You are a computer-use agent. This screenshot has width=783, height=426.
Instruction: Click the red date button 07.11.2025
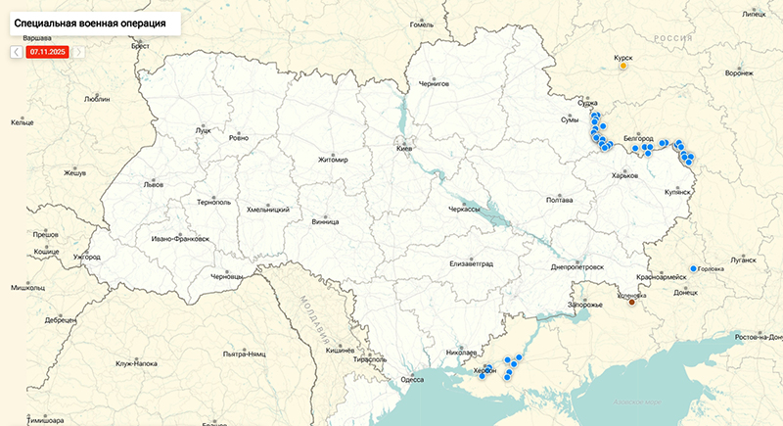click(x=48, y=51)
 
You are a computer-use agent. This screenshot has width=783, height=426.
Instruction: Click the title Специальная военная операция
click(x=89, y=21)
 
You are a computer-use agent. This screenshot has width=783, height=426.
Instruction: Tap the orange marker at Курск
click(x=623, y=67)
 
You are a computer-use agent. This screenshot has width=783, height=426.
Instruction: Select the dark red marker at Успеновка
click(x=631, y=303)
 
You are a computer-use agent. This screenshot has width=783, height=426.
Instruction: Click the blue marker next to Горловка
click(x=693, y=268)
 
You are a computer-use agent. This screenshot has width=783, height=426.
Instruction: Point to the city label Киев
click(x=404, y=147)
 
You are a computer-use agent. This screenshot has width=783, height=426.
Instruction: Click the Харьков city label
click(x=623, y=175)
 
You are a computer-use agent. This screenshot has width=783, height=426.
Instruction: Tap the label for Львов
click(x=154, y=183)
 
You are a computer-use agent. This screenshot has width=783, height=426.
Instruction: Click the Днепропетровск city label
click(x=577, y=266)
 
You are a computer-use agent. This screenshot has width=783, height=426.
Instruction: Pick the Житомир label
click(x=333, y=160)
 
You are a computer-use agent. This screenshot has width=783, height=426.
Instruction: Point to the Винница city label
click(x=325, y=221)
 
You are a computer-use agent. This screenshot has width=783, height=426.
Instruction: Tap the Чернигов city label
click(x=433, y=84)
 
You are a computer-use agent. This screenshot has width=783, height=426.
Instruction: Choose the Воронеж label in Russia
click(x=739, y=73)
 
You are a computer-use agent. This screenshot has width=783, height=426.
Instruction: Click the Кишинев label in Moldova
click(x=339, y=350)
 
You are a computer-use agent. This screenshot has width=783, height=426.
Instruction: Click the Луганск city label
click(x=743, y=260)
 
